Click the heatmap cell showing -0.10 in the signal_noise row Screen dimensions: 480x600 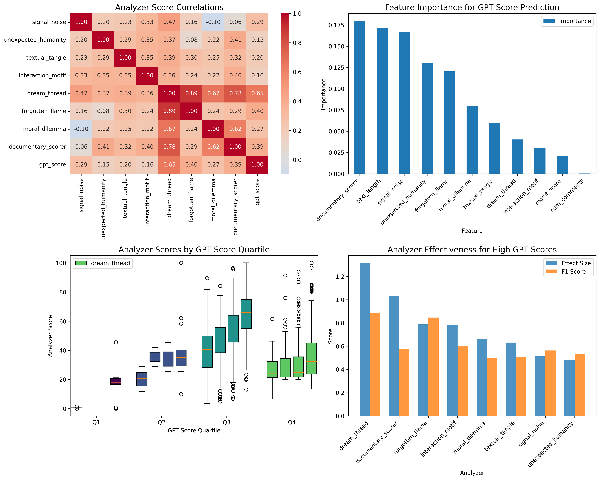tap(213, 22)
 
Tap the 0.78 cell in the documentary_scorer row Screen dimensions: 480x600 tap(169, 147)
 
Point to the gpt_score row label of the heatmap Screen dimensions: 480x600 tap(53, 164)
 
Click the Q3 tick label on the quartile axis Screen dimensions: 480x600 tap(226, 422)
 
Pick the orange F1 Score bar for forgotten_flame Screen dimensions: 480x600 tap(433, 366)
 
